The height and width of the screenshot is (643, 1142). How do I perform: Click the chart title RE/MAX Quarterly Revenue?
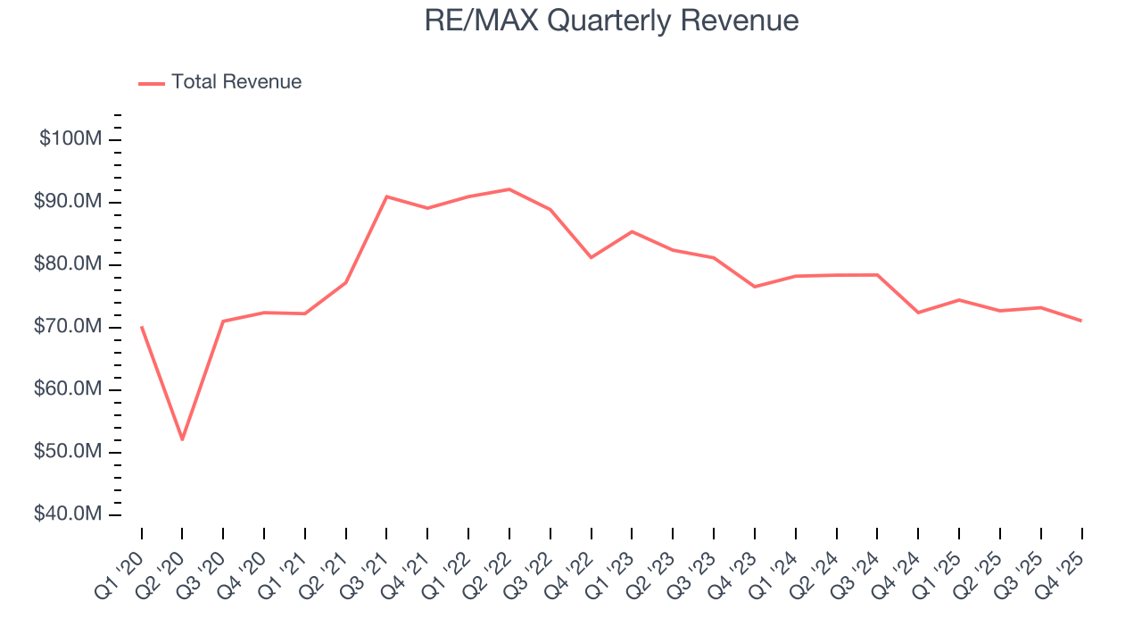tap(611, 21)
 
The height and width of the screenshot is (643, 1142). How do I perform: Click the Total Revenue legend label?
tap(236, 82)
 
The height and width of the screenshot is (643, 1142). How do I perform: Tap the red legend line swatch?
tap(152, 83)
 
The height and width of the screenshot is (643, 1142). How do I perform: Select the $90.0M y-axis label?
tap(69, 202)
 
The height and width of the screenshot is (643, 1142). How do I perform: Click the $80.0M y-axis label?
tap(69, 264)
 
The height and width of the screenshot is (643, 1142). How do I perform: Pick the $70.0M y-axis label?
tap(69, 327)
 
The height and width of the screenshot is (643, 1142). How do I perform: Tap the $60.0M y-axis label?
tap(69, 389)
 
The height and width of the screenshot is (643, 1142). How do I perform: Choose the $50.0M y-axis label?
tap(69, 452)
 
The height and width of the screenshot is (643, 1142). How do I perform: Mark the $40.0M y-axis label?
tap(69, 514)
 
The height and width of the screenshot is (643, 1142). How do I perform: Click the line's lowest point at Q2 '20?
tap(183, 439)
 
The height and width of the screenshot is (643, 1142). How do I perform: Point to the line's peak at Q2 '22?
tap(509, 189)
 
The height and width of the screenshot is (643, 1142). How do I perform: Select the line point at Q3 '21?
tap(386, 196)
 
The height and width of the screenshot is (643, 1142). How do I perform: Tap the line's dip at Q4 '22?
tap(591, 257)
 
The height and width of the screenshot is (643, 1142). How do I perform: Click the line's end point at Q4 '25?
tap(1081, 321)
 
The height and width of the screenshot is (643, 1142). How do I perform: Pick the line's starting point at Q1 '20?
tap(142, 327)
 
